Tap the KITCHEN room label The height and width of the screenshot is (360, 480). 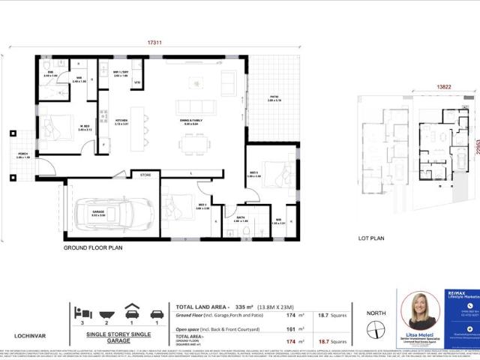pyautogui.click(x=121, y=121)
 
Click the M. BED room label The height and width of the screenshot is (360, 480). pyautogui.click(x=85, y=127)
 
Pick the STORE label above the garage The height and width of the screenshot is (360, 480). pyautogui.click(x=145, y=174)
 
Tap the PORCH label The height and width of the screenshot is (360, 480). pyautogui.click(x=22, y=155)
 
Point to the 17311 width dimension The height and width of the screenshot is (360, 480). pyautogui.click(x=143, y=44)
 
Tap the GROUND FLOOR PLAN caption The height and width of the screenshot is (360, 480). pyautogui.click(x=93, y=247)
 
